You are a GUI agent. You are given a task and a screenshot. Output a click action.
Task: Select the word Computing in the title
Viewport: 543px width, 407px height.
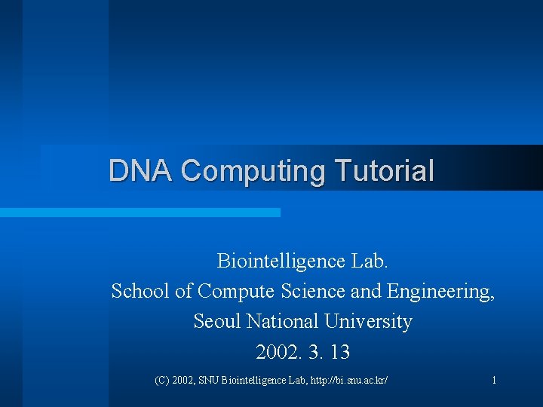[253, 171]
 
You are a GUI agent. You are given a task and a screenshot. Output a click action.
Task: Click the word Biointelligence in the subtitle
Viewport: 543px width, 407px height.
[281, 262]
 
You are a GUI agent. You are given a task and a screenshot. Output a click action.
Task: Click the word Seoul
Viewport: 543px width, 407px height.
[215, 322]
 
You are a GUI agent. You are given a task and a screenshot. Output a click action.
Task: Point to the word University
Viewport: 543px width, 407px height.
[369, 323]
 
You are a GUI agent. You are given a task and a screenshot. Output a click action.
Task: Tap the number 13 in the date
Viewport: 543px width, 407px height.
[339, 352]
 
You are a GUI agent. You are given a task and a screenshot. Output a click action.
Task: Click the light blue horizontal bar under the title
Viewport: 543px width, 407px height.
[140, 213]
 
